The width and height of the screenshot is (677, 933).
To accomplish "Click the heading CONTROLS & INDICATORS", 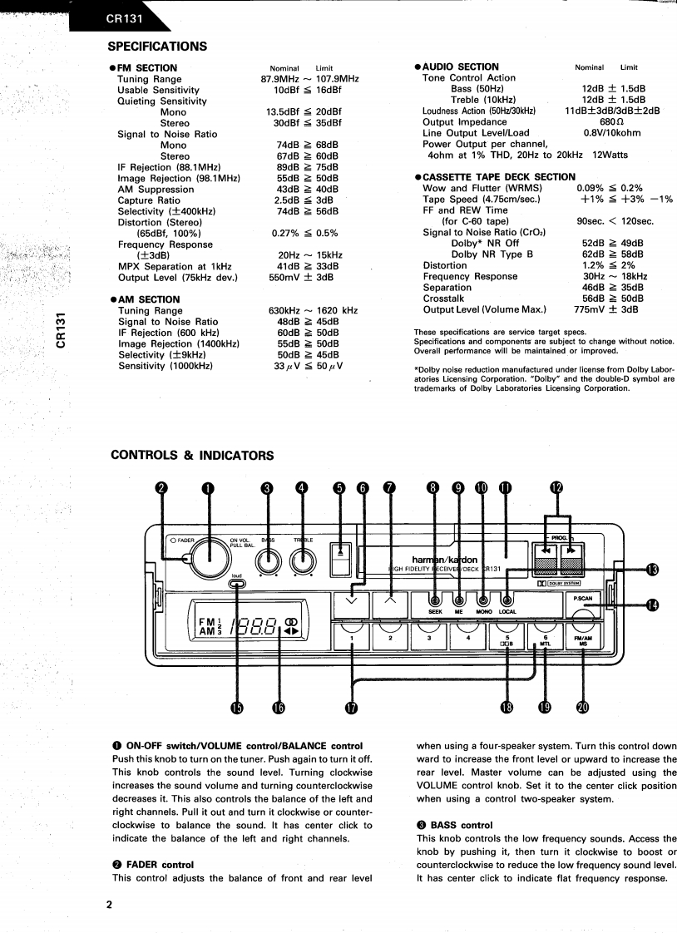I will pos(191,455).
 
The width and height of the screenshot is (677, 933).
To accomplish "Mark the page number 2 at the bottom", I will pos(108,905).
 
